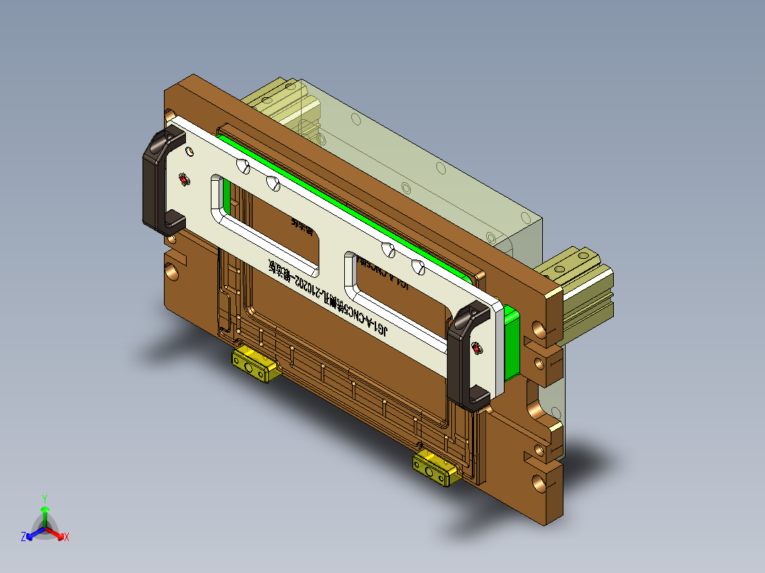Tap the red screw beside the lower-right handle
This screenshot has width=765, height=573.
point(476,347)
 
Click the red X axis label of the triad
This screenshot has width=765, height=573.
point(67,538)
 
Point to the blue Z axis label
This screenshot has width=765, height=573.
point(23,537)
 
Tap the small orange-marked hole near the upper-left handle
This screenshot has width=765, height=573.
point(189,151)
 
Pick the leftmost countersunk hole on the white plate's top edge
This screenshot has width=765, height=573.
point(243,167)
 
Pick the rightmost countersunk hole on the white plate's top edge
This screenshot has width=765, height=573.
point(419,267)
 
